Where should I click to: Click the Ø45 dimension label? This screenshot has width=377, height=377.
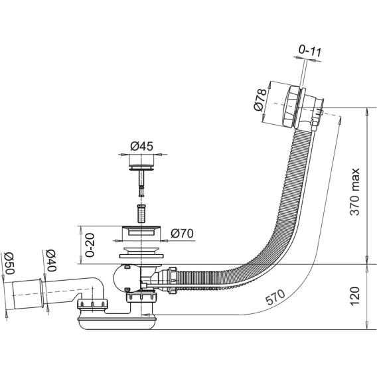141,146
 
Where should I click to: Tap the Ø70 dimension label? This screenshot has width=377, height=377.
182,234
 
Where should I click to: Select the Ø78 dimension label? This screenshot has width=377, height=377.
260,100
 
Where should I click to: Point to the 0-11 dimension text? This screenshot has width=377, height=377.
310,51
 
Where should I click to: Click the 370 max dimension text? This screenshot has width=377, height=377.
355,192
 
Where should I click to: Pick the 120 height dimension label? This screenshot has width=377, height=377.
355,296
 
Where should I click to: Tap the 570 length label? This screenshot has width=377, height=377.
275,297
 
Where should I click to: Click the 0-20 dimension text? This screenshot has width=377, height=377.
90,245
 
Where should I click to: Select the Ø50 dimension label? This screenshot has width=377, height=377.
10,264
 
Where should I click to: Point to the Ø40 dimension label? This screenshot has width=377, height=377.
51,260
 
